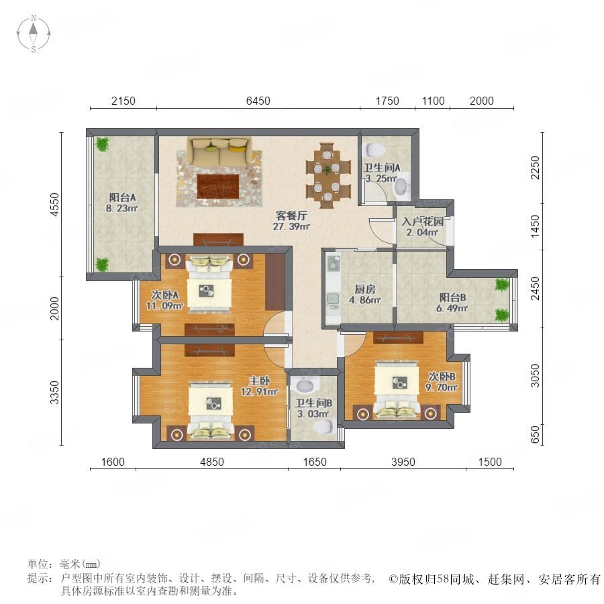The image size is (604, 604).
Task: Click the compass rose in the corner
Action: (x=34, y=34)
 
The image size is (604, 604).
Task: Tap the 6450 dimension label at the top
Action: (x=258, y=101)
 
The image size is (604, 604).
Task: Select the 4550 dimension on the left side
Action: (x=56, y=204)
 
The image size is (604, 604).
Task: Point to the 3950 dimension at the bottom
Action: (x=403, y=462)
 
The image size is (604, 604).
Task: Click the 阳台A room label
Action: (x=122, y=197)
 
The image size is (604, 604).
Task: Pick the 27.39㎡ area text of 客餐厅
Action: (x=291, y=227)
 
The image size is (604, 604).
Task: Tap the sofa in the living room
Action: (x=219, y=151)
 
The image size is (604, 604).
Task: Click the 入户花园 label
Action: (x=422, y=221)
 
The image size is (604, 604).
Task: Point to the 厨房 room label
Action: (x=365, y=289)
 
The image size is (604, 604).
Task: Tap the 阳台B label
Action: (x=452, y=297)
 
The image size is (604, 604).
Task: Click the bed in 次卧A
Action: (x=209, y=285)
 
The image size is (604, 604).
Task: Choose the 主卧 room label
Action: (x=259, y=381)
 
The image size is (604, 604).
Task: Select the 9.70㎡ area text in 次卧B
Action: (x=442, y=387)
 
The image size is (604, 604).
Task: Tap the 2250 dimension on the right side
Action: (x=535, y=167)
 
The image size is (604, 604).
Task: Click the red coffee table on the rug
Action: (x=217, y=186)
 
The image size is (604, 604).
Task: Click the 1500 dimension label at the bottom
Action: (x=490, y=462)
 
